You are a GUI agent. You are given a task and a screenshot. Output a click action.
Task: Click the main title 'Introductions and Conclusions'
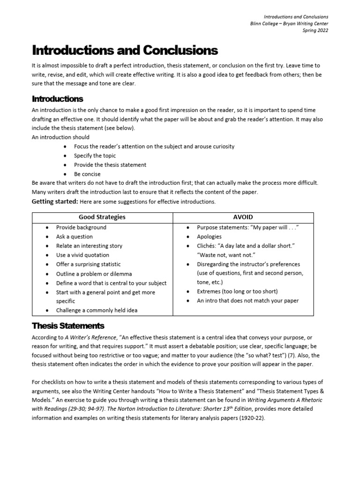click(x=125, y=50)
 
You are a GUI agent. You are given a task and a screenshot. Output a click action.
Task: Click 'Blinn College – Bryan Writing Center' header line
click(x=289, y=23)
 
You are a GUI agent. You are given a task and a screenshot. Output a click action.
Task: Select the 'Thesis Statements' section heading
click(x=68, y=326)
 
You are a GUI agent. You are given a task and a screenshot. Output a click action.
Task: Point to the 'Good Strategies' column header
click(x=102, y=217)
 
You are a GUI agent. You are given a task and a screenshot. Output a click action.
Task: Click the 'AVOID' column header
click(x=243, y=217)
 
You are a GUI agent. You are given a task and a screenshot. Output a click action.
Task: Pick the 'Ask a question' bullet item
click(x=75, y=237)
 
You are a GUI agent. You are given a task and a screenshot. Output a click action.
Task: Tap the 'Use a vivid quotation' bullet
click(x=82, y=255)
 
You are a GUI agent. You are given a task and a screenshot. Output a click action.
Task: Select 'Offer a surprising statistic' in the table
click(x=89, y=264)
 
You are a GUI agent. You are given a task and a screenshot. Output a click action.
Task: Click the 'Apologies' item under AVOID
click(x=209, y=237)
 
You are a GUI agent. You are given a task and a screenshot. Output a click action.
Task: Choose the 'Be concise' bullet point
click(x=87, y=174)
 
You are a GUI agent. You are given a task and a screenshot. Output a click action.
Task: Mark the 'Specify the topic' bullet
click(x=95, y=156)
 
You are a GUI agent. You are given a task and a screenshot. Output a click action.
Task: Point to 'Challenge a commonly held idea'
click(x=97, y=310)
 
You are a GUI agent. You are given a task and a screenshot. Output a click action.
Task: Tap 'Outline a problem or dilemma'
click(x=94, y=274)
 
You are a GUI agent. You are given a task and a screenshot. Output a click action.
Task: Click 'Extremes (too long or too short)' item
click(x=237, y=292)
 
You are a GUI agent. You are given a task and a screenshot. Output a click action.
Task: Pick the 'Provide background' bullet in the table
click(x=81, y=227)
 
